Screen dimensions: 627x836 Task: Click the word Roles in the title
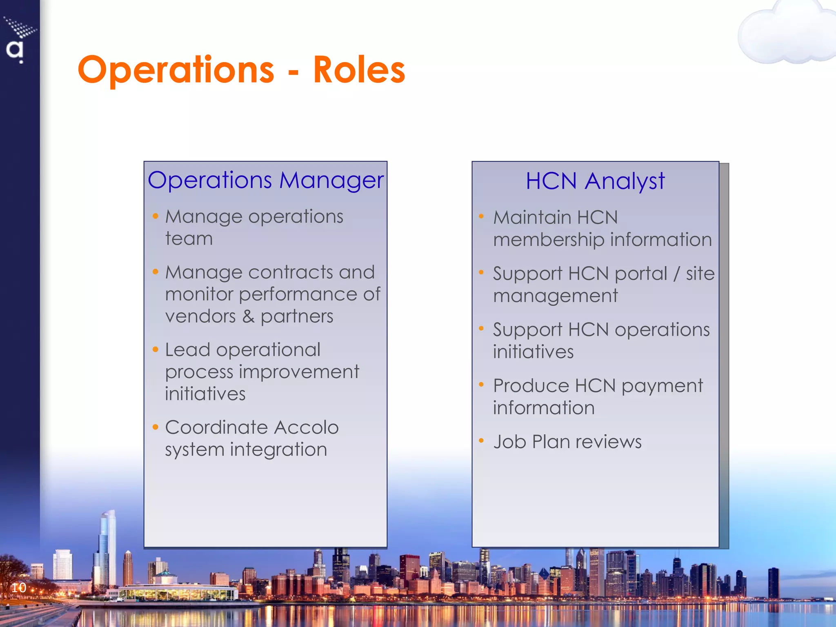pyautogui.click(x=359, y=70)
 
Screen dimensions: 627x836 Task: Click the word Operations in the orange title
pyautogui.click(x=176, y=70)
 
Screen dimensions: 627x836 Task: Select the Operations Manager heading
pyautogui.click(x=266, y=180)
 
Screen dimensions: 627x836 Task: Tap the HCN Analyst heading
pyautogui.click(x=595, y=181)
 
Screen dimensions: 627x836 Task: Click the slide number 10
pyautogui.click(x=18, y=588)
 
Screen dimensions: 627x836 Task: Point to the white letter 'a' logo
pyautogui.click(x=15, y=50)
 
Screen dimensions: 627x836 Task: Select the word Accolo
pyautogui.click(x=306, y=427)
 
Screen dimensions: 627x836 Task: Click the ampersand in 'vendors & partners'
pyautogui.click(x=248, y=316)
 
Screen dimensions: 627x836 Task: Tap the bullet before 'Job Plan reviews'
pyautogui.click(x=481, y=440)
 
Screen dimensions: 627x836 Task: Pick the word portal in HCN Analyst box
pyautogui.click(x=641, y=273)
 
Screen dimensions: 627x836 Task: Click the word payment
pyautogui.click(x=662, y=386)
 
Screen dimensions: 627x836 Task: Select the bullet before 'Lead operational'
pyautogui.click(x=155, y=349)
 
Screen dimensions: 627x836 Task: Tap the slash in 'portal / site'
pyautogui.click(x=676, y=273)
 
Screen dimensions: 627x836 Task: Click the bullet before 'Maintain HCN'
pyautogui.click(x=481, y=216)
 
